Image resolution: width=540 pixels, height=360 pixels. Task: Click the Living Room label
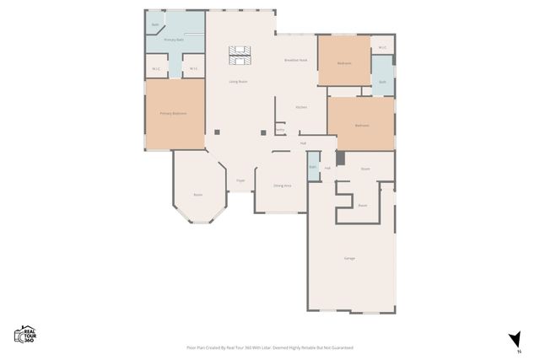(238, 82)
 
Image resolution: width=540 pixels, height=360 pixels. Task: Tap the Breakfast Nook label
(295, 61)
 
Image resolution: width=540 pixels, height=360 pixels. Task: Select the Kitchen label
(300, 107)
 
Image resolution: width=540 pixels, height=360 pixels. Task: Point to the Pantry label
(279, 129)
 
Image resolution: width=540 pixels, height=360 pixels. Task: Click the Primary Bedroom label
(174, 113)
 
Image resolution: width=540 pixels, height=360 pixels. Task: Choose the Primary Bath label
(174, 40)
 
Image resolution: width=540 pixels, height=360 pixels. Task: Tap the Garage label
(348, 257)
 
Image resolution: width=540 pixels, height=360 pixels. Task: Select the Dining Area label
(282, 185)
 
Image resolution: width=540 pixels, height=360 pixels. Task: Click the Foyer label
(240, 180)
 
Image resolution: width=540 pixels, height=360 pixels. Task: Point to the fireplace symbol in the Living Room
(239, 55)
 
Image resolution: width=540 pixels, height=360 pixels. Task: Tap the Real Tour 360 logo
(24, 334)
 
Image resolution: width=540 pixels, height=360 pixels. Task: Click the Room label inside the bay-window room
(197, 195)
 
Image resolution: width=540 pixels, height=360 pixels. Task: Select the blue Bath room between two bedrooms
(382, 82)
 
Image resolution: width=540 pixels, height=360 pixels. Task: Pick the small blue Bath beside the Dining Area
(313, 166)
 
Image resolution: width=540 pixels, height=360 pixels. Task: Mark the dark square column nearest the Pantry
(264, 132)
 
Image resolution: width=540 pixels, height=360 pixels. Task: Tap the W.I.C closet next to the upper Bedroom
(382, 47)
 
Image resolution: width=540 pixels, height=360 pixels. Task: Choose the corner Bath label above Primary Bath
(155, 25)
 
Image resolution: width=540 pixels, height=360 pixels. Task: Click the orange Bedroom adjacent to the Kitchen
(361, 125)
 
